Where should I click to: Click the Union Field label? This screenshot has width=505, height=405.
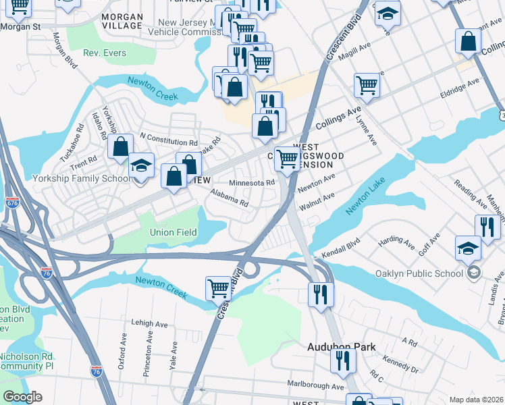point(173,232)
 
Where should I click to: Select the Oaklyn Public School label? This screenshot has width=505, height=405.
point(423,273)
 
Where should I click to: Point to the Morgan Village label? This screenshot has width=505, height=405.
point(122,21)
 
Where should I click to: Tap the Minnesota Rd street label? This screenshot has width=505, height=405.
point(251,183)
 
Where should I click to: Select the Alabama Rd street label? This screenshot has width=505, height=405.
point(229,198)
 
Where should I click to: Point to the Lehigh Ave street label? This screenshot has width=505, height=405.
point(149,324)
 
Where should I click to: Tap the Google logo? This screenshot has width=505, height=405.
point(22,397)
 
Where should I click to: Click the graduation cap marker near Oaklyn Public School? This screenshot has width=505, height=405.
point(468,248)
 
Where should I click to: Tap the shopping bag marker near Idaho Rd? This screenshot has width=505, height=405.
point(121,146)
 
